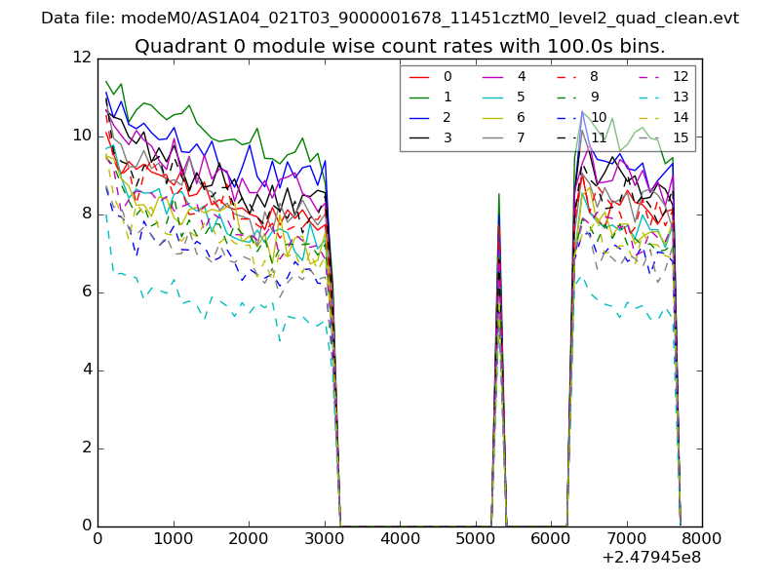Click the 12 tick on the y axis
[82, 57]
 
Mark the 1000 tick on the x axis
[174, 537]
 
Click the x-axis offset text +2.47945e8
[651, 559]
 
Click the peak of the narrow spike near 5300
[499, 194]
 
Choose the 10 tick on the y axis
[82, 135]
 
